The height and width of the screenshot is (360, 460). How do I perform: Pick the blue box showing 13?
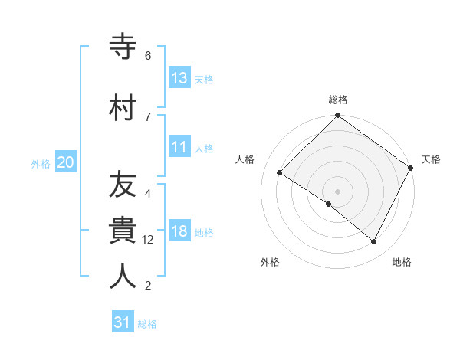click(179, 78)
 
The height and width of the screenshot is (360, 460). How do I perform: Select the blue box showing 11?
click(179, 148)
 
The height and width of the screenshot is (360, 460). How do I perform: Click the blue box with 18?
click(179, 232)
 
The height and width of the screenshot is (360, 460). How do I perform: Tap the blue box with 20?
click(66, 162)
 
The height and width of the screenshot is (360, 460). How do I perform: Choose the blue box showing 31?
click(123, 322)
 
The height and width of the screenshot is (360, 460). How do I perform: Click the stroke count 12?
click(149, 240)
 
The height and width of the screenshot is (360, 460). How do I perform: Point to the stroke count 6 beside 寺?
click(148, 56)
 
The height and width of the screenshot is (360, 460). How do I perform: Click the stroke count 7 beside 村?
click(148, 116)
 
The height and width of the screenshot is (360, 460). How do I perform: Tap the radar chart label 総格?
click(338, 100)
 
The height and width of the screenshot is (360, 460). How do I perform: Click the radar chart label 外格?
click(270, 262)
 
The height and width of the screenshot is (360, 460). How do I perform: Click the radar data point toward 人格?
click(280, 173)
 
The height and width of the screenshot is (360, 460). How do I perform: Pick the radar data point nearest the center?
click(329, 205)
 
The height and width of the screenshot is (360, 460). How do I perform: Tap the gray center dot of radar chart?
click(337, 191)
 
